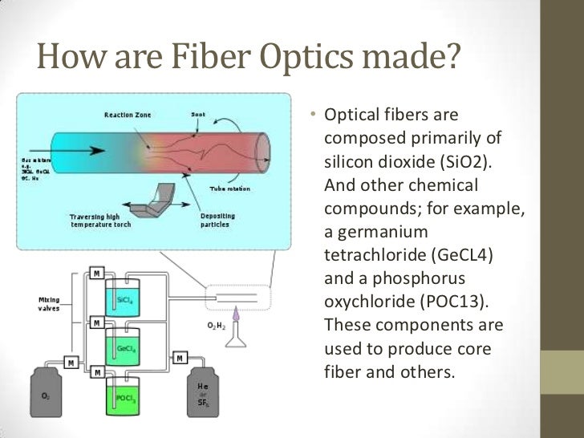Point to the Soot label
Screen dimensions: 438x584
[197, 114]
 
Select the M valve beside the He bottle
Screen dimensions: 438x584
[180, 356]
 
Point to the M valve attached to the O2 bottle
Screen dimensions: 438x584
[70, 363]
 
